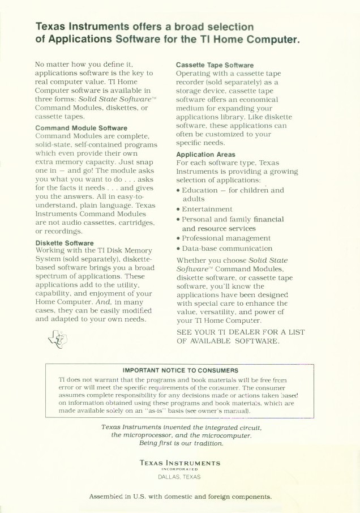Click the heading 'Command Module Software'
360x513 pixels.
click(x=81, y=129)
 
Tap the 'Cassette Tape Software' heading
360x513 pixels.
click(x=215, y=66)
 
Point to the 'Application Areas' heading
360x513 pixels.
click(x=205, y=154)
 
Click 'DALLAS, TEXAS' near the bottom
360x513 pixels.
click(x=179, y=476)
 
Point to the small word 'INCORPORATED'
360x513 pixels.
click(x=179, y=468)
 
